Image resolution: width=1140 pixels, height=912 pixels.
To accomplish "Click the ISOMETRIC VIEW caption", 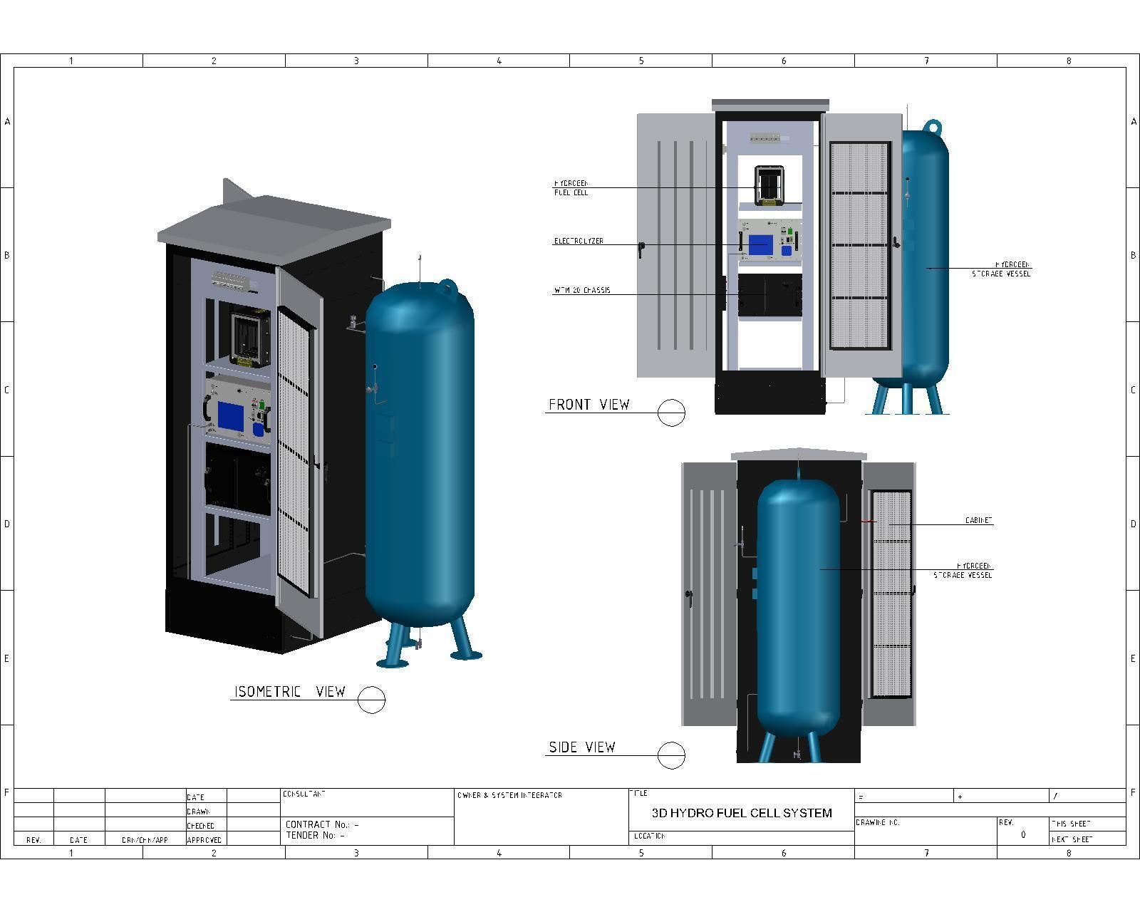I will [x=290, y=692].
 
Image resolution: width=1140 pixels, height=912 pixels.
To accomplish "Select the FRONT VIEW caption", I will [x=589, y=405].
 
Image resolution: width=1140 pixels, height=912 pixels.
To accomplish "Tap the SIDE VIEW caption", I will [x=581, y=747].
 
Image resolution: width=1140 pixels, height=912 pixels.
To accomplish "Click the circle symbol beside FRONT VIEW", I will [x=670, y=413].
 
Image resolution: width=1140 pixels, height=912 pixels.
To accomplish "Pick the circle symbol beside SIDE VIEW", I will [x=670, y=755].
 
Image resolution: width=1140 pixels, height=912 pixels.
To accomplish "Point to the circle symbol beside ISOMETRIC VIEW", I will [x=370, y=700].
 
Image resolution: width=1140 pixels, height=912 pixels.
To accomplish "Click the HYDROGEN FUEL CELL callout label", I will [x=571, y=188].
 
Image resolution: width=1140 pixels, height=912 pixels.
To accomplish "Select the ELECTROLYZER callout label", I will [x=579, y=241].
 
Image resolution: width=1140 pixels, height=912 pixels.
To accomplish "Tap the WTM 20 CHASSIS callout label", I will [x=582, y=291].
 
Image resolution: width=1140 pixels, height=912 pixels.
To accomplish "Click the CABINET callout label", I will [x=978, y=521].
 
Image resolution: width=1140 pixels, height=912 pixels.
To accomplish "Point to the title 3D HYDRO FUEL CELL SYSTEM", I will [x=742, y=813].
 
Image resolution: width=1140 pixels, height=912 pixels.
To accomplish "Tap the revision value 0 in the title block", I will [x=1023, y=834].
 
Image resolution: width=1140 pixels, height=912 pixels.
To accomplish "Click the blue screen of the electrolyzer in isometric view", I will [x=230, y=416].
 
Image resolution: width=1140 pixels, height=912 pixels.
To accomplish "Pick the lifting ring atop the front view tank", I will [x=932, y=126].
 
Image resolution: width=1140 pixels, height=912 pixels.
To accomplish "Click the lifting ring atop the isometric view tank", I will [x=447, y=286].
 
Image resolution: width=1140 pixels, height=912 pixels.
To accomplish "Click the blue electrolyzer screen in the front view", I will [x=760, y=245].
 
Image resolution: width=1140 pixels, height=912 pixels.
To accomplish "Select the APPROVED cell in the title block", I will [x=204, y=840].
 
